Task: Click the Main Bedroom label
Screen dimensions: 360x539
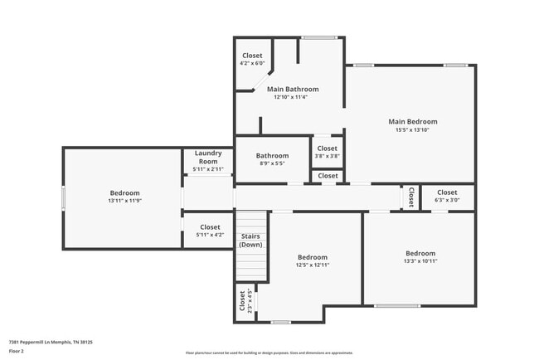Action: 412,122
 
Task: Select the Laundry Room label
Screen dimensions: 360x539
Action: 207,157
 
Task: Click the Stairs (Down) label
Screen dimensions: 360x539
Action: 250,241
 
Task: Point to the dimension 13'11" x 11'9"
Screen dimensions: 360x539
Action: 124,202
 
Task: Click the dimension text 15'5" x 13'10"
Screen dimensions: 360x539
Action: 412,130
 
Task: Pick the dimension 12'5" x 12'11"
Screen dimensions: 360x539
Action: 313,265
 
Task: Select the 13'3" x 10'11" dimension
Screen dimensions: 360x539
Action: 420,261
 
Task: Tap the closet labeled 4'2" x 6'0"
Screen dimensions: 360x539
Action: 252,64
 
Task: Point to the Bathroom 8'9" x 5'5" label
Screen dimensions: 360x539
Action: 272,159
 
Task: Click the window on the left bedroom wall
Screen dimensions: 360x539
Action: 64,198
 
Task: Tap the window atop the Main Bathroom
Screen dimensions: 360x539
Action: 318,38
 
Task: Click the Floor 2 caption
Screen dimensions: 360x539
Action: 17,351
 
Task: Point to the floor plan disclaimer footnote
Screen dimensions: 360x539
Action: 269,353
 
